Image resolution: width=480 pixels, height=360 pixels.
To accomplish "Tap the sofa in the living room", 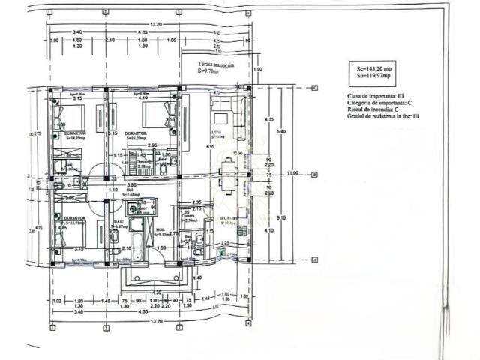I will pos(224,119).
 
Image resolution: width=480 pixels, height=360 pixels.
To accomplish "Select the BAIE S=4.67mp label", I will pos(121,224).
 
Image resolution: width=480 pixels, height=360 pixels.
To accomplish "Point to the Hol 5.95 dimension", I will pos(130,185).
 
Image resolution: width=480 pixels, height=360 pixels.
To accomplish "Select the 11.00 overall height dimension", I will pos(294,173).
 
